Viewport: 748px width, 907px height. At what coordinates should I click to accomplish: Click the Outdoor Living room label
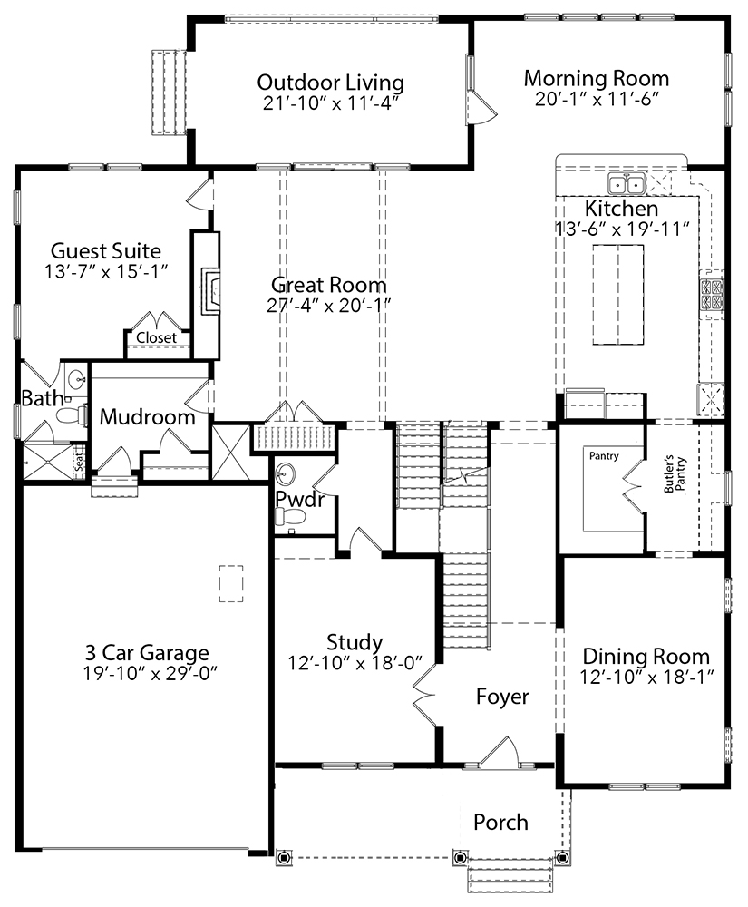330,83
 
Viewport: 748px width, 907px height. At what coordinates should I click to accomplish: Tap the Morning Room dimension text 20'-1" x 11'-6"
596,100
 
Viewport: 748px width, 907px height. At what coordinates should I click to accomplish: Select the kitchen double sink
627,184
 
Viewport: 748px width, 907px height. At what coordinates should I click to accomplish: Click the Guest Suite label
105,250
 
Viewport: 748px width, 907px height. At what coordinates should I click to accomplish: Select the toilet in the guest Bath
68,415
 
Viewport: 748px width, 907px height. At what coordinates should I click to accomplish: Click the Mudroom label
147,417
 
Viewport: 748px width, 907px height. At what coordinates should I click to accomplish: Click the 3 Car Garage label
147,652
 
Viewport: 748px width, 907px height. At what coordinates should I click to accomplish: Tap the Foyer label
502,697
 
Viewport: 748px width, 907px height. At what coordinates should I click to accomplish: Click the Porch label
500,823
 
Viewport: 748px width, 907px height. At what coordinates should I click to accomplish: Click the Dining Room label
646,657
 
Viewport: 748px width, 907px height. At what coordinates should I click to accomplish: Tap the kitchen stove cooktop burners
710,295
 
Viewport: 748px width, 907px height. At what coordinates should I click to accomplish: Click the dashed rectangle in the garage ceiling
232,583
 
